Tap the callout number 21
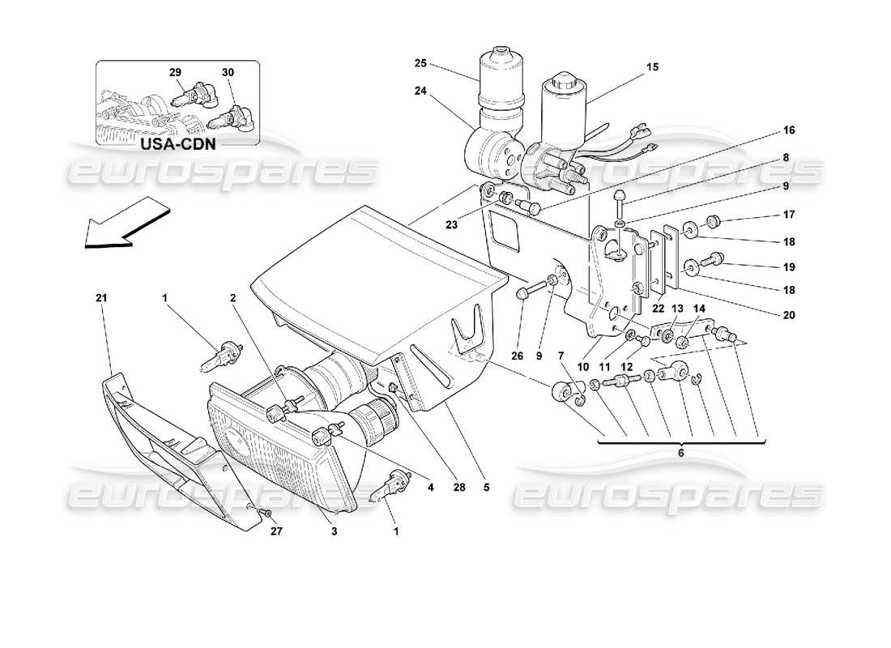tap(100, 298)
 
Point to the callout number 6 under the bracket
tap(680, 454)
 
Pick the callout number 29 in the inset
tap(174, 73)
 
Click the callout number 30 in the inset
tap(228, 73)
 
